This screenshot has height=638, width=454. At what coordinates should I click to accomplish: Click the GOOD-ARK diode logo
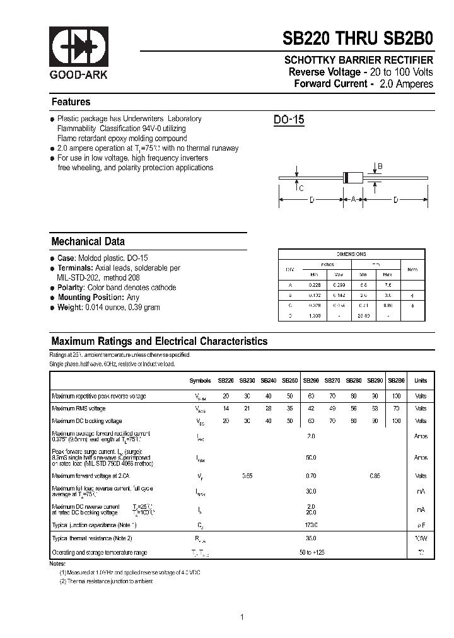point(79,48)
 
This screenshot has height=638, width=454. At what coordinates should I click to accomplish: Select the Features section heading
point(71,102)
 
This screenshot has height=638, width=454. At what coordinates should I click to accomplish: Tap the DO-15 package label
point(289,120)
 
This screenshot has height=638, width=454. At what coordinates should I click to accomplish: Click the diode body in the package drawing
point(354,178)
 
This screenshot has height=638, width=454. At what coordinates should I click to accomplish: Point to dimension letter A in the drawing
point(354,200)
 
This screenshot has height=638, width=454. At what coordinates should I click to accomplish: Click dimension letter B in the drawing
point(380,166)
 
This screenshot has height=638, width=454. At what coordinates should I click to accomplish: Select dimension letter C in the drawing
point(301,188)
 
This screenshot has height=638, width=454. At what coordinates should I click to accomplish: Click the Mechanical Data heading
point(88,241)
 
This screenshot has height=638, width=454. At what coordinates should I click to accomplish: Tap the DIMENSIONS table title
point(351,254)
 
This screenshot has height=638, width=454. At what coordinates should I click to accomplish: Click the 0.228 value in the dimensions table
point(313,284)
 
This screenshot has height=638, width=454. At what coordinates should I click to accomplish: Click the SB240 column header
point(269,381)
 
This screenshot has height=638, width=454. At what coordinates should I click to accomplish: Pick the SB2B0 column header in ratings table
point(397,381)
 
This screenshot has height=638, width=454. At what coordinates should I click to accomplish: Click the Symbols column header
point(201,381)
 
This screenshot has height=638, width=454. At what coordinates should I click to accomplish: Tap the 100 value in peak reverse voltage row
point(397,397)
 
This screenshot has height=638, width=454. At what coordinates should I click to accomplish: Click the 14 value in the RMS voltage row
point(226,409)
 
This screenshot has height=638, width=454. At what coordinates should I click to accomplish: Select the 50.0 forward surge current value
point(311,458)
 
